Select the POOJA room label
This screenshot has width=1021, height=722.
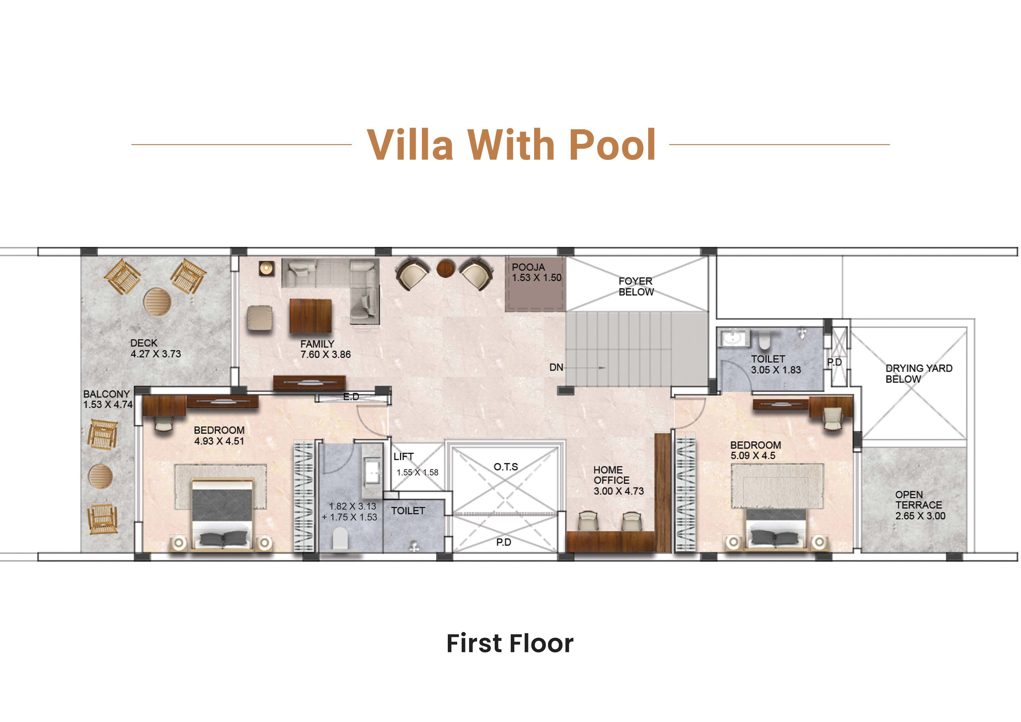(x=528, y=267)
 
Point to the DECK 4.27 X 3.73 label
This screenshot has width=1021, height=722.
(x=156, y=349)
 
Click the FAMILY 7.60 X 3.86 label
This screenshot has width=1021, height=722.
(x=325, y=349)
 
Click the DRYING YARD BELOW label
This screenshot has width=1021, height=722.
(x=919, y=374)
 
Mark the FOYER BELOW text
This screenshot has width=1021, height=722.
(x=636, y=287)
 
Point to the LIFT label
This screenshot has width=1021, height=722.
(x=403, y=457)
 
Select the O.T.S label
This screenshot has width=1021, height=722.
(x=506, y=467)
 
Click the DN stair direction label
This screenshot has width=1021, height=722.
(x=556, y=367)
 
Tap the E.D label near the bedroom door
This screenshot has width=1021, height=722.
(x=351, y=396)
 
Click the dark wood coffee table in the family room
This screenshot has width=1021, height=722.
(x=311, y=316)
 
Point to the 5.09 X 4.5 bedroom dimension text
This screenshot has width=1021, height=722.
(x=753, y=456)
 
